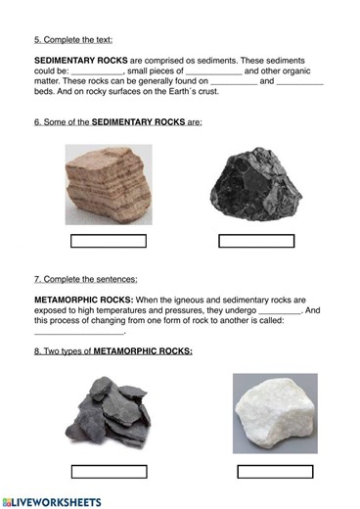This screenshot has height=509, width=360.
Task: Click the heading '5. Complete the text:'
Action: [73, 40]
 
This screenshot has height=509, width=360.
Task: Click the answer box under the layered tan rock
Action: [109, 241]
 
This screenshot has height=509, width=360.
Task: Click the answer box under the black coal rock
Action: [255, 241]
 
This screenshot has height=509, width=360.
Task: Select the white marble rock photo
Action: [275, 414]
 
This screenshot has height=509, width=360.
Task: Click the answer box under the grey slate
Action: [109, 471]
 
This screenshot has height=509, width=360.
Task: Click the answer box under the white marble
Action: [275, 471]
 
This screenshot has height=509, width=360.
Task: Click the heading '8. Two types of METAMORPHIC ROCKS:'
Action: [112, 350]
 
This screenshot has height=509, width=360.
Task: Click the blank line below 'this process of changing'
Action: [78, 332]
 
